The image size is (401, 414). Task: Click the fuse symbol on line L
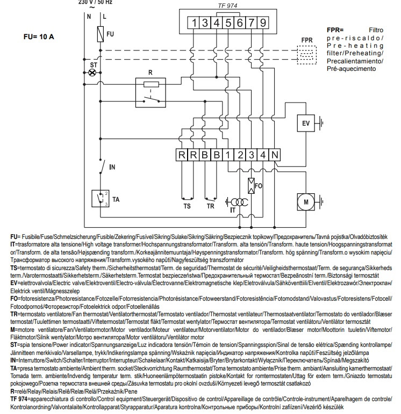[x=100, y=34]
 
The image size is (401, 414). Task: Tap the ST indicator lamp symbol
[x=92, y=72]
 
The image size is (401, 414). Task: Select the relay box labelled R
[x=151, y=93]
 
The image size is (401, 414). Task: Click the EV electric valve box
[x=306, y=123]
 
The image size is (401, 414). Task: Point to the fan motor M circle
[x=306, y=202]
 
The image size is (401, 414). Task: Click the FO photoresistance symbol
[x=251, y=186]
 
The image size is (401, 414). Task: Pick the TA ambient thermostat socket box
[x=100, y=199]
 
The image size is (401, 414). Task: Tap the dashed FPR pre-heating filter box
[x=306, y=55]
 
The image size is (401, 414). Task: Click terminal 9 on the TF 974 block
[x=263, y=23]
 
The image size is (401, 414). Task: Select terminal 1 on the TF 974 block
[x=194, y=23]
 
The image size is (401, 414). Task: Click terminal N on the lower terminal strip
[x=275, y=155]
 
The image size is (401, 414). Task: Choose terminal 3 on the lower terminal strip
[x=252, y=155]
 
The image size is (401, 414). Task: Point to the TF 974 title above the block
[x=227, y=5]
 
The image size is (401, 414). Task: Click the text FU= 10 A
[x=39, y=37]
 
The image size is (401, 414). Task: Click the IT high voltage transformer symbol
[x=237, y=202]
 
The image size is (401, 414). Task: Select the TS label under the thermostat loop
[x=187, y=206]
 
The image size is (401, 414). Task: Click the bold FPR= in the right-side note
[x=335, y=30]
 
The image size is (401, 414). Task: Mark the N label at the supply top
[x=89, y=17]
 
